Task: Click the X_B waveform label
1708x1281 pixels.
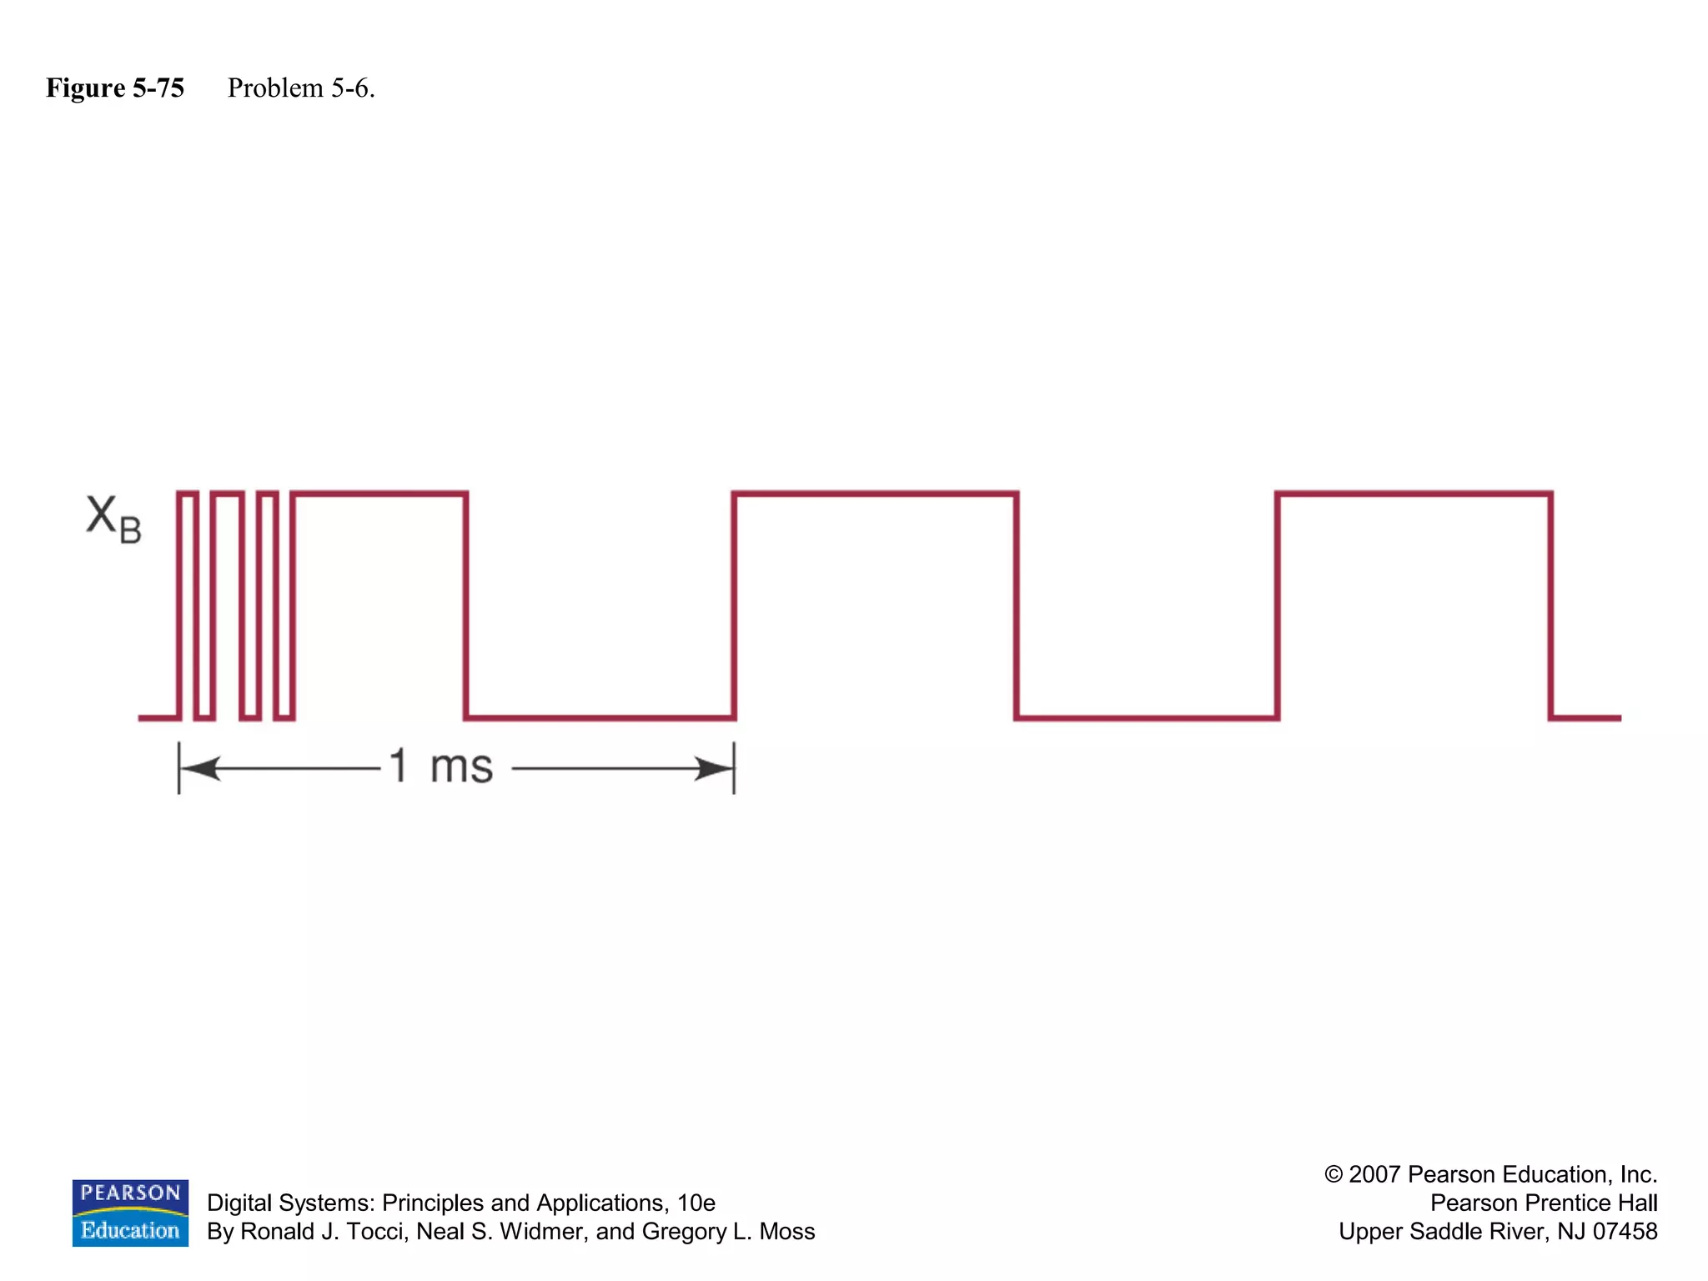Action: point(113,519)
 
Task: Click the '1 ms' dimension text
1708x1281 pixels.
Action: point(441,766)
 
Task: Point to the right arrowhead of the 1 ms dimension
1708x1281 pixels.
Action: point(714,768)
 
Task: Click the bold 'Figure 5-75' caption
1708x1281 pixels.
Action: point(115,88)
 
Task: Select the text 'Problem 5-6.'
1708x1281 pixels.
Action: point(301,88)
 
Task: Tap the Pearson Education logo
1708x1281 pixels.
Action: point(130,1213)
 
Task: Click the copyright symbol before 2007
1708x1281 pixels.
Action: point(1334,1174)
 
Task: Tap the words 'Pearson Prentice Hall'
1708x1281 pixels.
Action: point(1543,1203)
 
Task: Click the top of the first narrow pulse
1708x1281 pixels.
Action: point(188,494)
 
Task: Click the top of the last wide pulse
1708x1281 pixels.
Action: point(1414,494)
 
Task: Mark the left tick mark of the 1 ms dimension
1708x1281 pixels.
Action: point(179,768)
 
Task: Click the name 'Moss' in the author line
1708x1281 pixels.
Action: point(786,1232)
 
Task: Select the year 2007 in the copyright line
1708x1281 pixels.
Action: point(1374,1174)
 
